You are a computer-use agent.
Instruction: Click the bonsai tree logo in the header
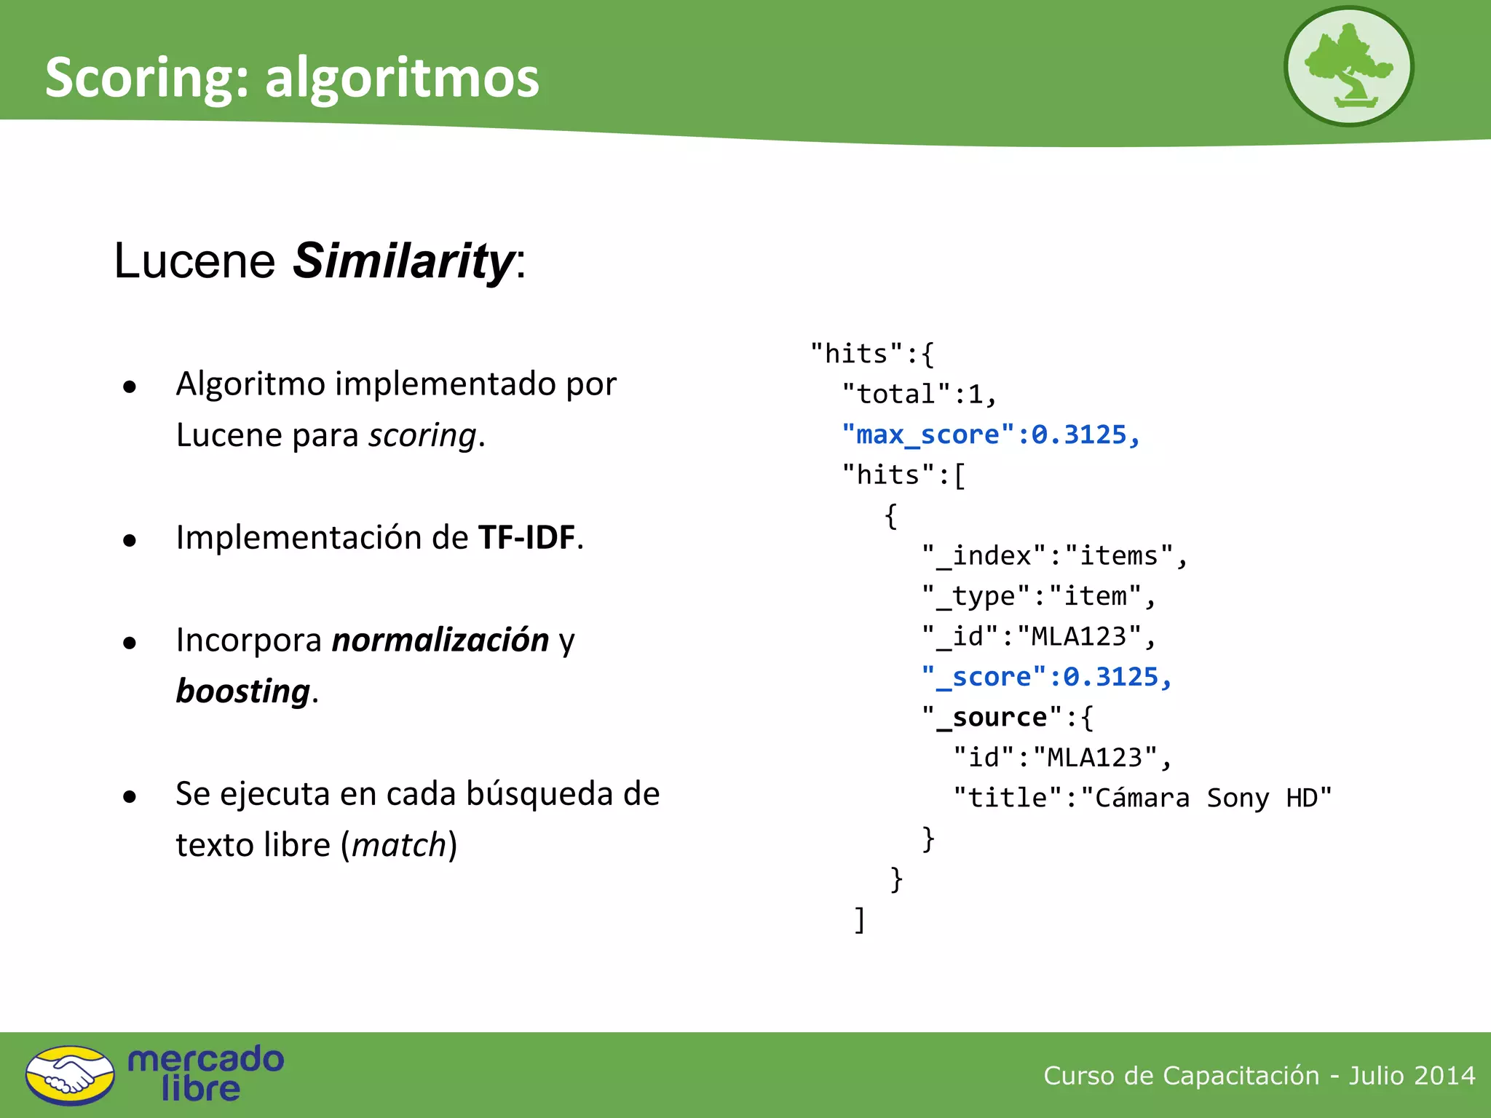coord(1348,66)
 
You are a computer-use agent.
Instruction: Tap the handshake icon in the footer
coord(70,1075)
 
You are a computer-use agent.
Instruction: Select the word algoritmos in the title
coord(402,78)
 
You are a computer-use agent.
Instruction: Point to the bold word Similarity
coord(403,261)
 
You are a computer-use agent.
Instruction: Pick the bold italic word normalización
coord(440,640)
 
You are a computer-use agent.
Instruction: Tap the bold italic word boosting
coord(243,691)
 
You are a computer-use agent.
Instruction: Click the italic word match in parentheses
coord(399,845)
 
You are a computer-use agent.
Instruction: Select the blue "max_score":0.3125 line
coord(990,435)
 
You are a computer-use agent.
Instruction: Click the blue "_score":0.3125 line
coord(1046,677)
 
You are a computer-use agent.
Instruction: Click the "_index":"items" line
coord(1054,556)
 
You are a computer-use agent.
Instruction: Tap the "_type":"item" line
coord(1038,596)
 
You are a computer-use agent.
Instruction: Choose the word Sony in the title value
coord(1238,798)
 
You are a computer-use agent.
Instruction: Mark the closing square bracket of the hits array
coord(860,920)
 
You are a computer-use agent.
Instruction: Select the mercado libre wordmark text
coord(205,1074)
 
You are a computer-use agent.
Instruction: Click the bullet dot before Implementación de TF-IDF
coord(130,540)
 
